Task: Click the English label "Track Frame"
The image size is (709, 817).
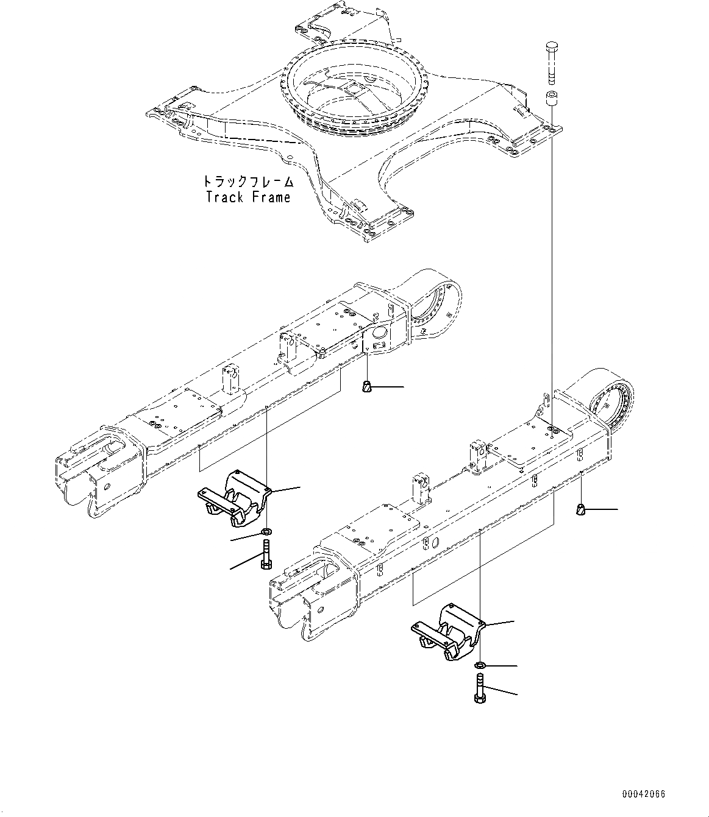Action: click(x=248, y=197)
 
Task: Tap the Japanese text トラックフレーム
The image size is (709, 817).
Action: click(x=248, y=182)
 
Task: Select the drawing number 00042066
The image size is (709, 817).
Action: click(x=644, y=794)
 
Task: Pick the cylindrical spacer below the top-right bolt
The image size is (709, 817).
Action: click(x=552, y=98)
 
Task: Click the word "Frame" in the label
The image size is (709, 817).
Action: click(x=271, y=197)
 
